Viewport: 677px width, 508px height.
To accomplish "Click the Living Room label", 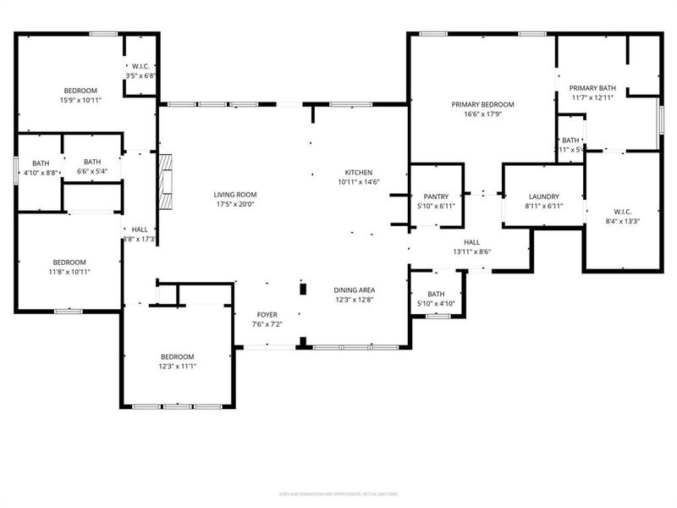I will click(x=234, y=194).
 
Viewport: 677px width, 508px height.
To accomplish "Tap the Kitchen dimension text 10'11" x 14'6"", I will click(x=358, y=182).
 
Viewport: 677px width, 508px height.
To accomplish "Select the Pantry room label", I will click(x=436, y=196).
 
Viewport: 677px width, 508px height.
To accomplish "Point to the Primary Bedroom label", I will click(x=482, y=104).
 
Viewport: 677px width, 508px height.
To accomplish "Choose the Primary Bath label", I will click(x=592, y=87).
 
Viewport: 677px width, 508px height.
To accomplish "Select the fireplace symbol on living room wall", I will click(x=167, y=183).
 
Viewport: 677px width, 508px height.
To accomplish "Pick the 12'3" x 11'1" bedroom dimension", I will click(x=177, y=366).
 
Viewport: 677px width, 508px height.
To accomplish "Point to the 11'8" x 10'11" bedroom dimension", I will click(x=70, y=272).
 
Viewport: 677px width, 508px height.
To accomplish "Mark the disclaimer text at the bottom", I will click(x=338, y=494).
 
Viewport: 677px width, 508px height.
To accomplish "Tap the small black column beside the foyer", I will click(x=302, y=289).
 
